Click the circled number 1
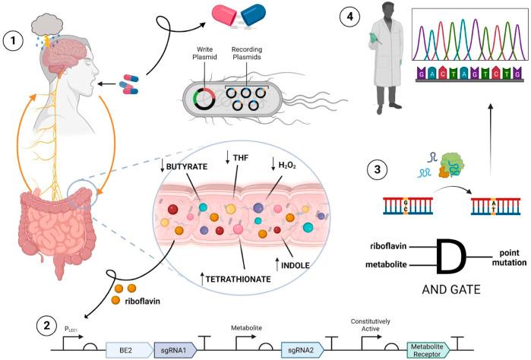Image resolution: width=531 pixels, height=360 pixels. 13,41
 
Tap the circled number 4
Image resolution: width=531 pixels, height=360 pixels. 350,16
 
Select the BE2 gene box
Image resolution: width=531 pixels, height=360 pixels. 129,350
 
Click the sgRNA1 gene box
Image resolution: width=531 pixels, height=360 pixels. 175,350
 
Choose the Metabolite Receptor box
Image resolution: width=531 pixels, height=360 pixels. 428,350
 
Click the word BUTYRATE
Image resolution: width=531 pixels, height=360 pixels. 187,166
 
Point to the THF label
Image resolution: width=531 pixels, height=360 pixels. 241,157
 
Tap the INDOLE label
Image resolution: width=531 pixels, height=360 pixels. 296,265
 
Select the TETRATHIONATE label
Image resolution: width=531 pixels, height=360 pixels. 238,279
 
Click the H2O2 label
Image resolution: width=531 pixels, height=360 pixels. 287,166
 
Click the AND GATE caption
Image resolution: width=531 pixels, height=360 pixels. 451,289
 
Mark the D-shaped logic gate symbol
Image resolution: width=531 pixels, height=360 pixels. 451,256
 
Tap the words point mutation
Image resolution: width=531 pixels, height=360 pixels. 509,257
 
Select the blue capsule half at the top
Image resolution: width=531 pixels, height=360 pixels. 253,15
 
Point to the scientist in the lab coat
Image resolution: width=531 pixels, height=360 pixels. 387,58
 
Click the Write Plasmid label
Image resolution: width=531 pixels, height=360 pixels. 204,53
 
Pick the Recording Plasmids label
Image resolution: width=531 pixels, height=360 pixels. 247,53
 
